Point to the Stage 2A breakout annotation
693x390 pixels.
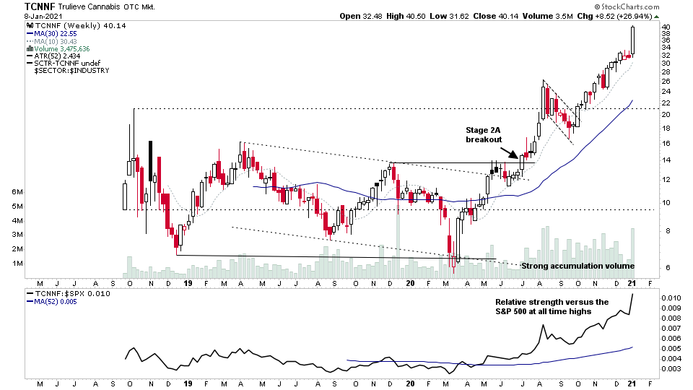click(484, 134)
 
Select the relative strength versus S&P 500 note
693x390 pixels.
click(552, 306)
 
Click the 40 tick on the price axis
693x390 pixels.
click(666, 27)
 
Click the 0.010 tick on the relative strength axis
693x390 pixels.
click(671, 298)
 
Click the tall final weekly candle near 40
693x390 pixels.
click(633, 40)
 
